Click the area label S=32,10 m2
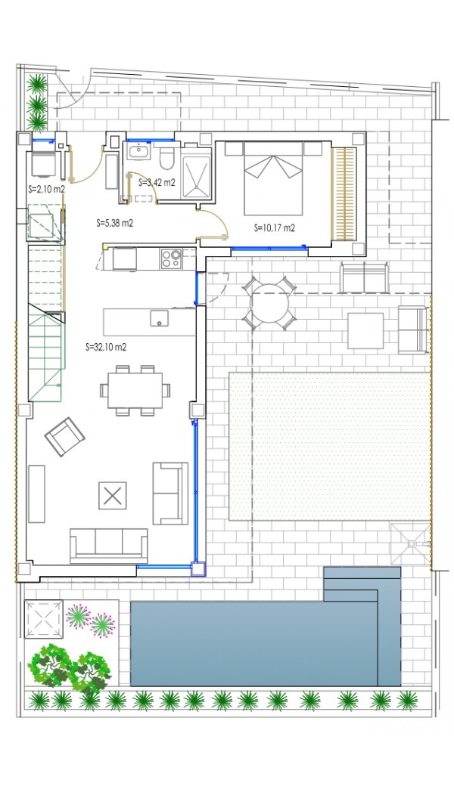click(106, 346)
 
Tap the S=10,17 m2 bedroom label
click(275, 228)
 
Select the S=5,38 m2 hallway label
click(114, 224)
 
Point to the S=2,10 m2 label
click(46, 189)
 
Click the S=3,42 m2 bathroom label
click(157, 182)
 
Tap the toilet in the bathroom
click(166, 159)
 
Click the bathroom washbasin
click(138, 151)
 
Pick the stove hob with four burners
click(170, 258)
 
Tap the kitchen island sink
click(160, 318)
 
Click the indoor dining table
click(135, 390)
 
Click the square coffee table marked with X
click(113, 496)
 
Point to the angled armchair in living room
click(65, 437)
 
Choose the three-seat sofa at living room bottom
click(109, 546)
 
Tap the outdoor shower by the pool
click(411, 544)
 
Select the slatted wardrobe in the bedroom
click(344, 193)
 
